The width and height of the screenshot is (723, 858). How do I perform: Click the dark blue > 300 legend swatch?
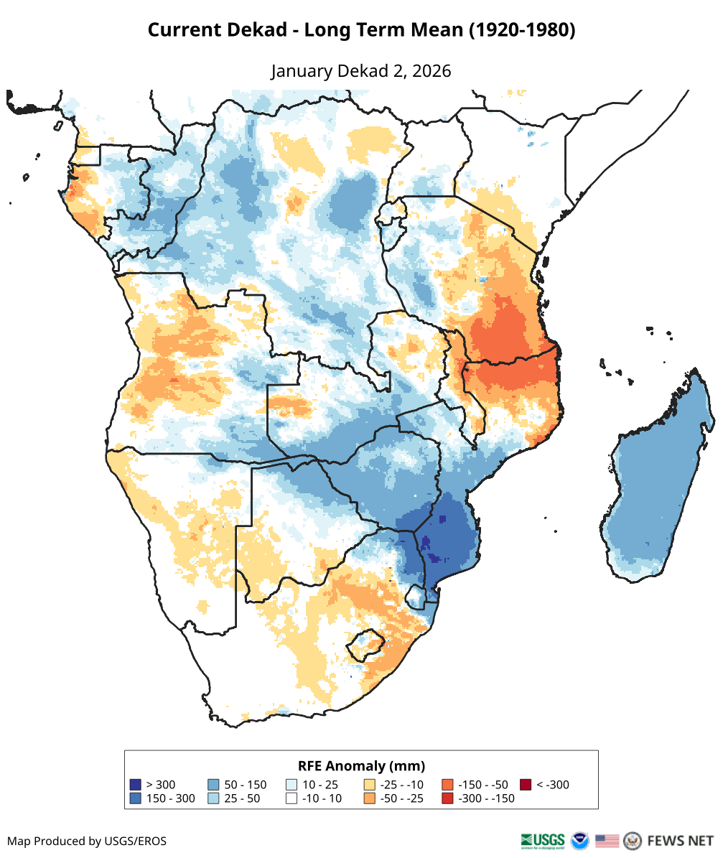[x=135, y=784]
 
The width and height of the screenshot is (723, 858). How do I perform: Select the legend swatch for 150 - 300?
[x=135, y=798]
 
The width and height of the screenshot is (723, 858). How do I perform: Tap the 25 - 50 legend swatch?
[x=213, y=798]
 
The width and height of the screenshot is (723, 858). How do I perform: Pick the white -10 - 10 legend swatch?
[x=291, y=798]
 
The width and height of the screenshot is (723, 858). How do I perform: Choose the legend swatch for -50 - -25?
[x=370, y=798]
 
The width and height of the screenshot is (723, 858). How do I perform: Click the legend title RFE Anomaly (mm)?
[x=361, y=765]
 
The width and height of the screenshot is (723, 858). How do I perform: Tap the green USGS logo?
[x=543, y=840]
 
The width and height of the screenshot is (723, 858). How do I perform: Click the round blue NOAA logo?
[x=579, y=840]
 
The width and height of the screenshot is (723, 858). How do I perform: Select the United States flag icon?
[x=607, y=840]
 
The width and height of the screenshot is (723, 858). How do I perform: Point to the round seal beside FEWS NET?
[x=633, y=840]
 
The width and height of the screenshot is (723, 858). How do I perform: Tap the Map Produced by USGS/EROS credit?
[x=87, y=841]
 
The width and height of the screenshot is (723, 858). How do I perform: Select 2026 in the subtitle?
[x=430, y=71]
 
